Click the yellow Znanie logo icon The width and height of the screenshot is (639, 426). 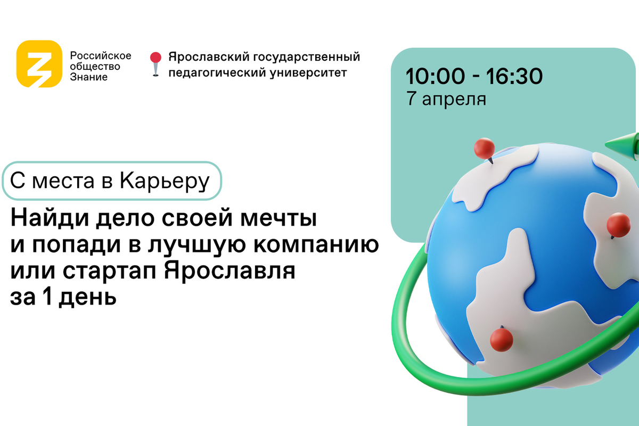coord(39,63)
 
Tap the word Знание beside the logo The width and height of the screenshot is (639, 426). coord(89,77)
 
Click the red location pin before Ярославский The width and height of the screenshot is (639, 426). coord(155,64)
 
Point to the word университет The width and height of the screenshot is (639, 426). coord(308,73)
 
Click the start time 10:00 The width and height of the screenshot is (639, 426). coord(435,76)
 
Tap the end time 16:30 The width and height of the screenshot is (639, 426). coord(514,76)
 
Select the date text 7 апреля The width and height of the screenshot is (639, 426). coord(446,99)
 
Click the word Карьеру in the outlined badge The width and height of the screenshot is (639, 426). coord(165,181)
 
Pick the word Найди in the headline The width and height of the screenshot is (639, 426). coord(50,218)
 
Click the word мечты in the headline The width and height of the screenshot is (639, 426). coord(278,218)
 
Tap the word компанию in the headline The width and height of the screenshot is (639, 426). coord(316,244)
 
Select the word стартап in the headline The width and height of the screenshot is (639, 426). coord(110,271)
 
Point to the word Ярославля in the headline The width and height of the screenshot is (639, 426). coord(230,271)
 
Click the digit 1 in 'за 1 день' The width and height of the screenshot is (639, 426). coord(47,296)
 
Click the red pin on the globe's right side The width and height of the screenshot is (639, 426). coord(618,225)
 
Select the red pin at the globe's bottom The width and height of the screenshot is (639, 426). coord(502,339)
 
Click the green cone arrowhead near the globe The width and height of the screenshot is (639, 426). coord(622,145)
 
